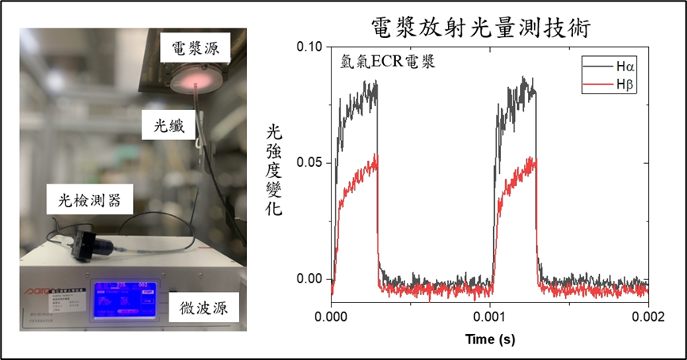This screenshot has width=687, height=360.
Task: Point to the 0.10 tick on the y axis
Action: tap(309, 47)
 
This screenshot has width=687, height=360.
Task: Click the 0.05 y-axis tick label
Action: tap(309, 163)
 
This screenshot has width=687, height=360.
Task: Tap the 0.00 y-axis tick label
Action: tap(309, 279)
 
